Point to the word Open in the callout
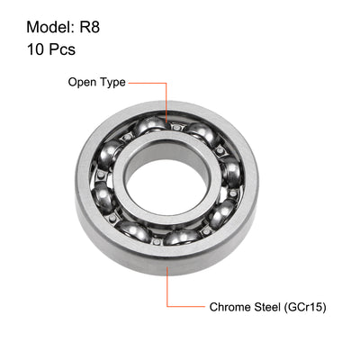tap(84, 83)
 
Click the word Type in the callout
tap(112, 83)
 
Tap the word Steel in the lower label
tap(271, 307)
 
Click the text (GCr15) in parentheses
tap(307, 307)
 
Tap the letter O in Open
tap(74, 83)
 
